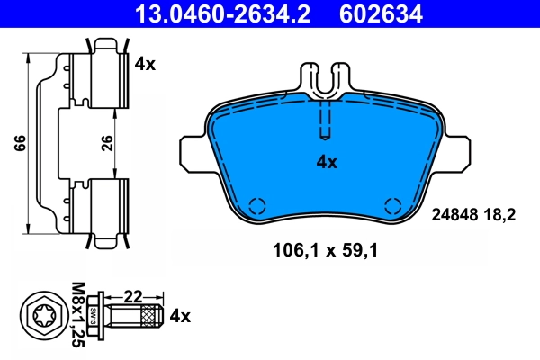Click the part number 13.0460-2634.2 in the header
tap(212, 13)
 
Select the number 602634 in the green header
tap(380, 13)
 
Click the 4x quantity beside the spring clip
tap(145, 64)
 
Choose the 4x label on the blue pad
tap(326, 163)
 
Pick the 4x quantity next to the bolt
tap(181, 316)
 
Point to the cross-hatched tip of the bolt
tap(149, 316)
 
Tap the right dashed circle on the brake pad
tap(392, 204)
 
